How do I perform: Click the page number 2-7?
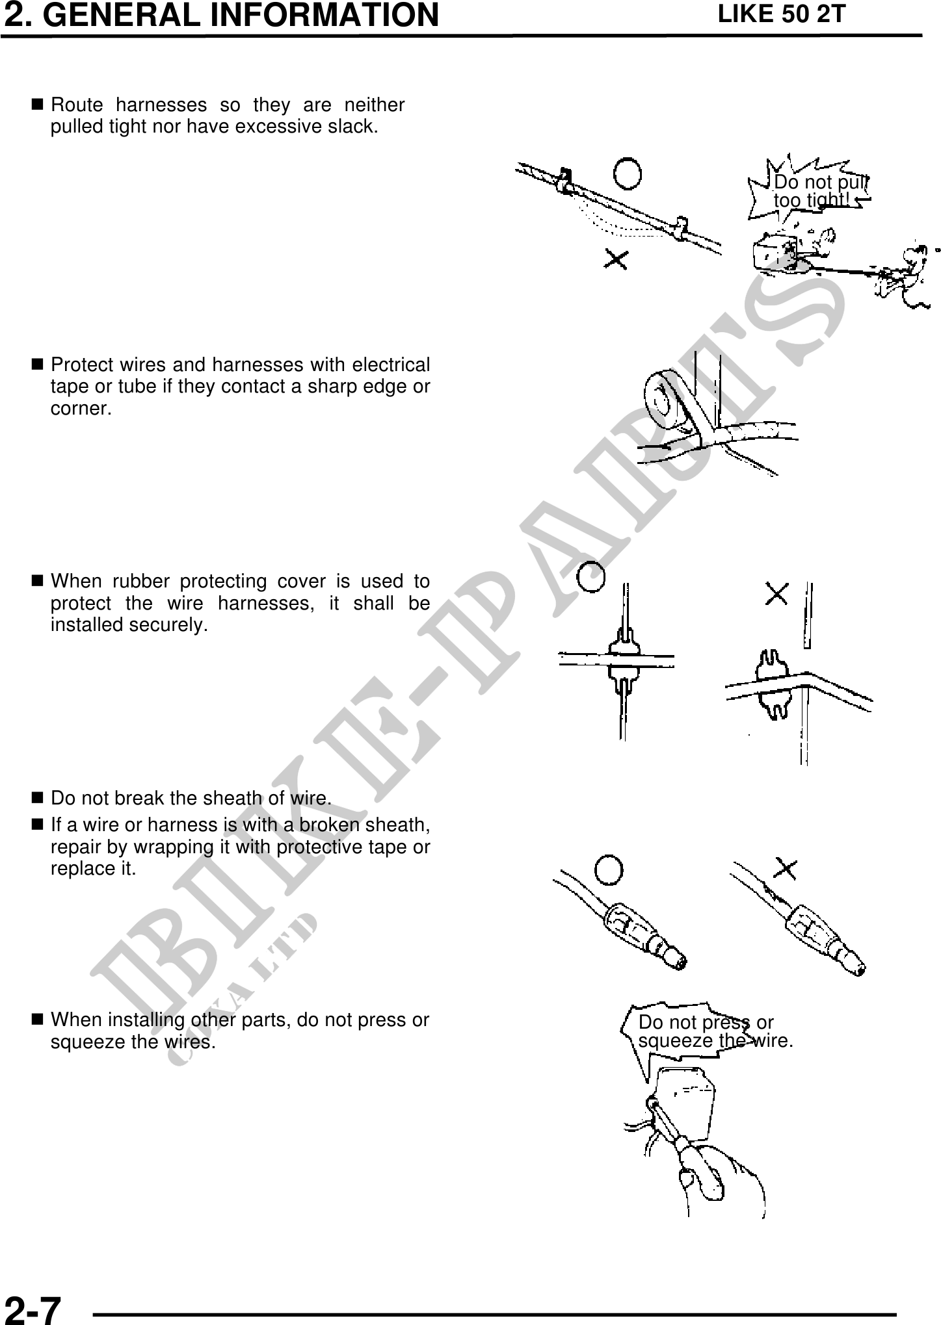33,1307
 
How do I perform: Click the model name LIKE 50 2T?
780,14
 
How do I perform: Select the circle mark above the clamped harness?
628,174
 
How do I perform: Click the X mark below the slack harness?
616,260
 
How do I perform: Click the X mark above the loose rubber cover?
778,593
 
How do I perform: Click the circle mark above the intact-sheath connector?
609,870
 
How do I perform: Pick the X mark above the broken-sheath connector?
786,869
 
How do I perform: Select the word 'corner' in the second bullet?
79,409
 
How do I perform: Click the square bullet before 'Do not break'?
37,797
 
